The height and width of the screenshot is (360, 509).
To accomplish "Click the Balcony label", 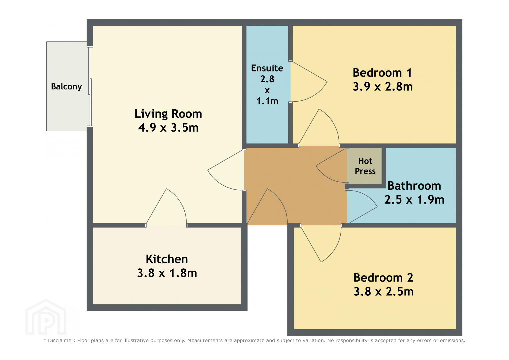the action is [66, 87].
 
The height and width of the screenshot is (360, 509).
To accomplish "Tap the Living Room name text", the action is [168, 114].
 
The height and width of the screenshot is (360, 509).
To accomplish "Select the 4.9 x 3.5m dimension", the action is [168, 127].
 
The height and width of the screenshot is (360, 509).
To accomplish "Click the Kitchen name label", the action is [167, 259].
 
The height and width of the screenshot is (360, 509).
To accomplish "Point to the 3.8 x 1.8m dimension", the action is [167, 273].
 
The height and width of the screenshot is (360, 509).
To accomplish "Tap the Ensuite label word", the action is [267, 68].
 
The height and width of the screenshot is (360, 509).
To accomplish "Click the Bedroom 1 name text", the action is [382, 73].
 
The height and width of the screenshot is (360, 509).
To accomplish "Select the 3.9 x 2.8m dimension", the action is [383, 87].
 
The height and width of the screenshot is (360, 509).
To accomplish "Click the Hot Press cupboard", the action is [365, 166].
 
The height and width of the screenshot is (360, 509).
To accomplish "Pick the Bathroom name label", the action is [414, 186].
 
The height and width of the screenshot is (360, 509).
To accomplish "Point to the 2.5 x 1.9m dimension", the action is [414, 200].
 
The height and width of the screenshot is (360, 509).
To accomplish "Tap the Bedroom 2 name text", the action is [383, 278].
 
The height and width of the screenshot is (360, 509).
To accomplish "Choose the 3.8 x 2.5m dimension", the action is [384, 292].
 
